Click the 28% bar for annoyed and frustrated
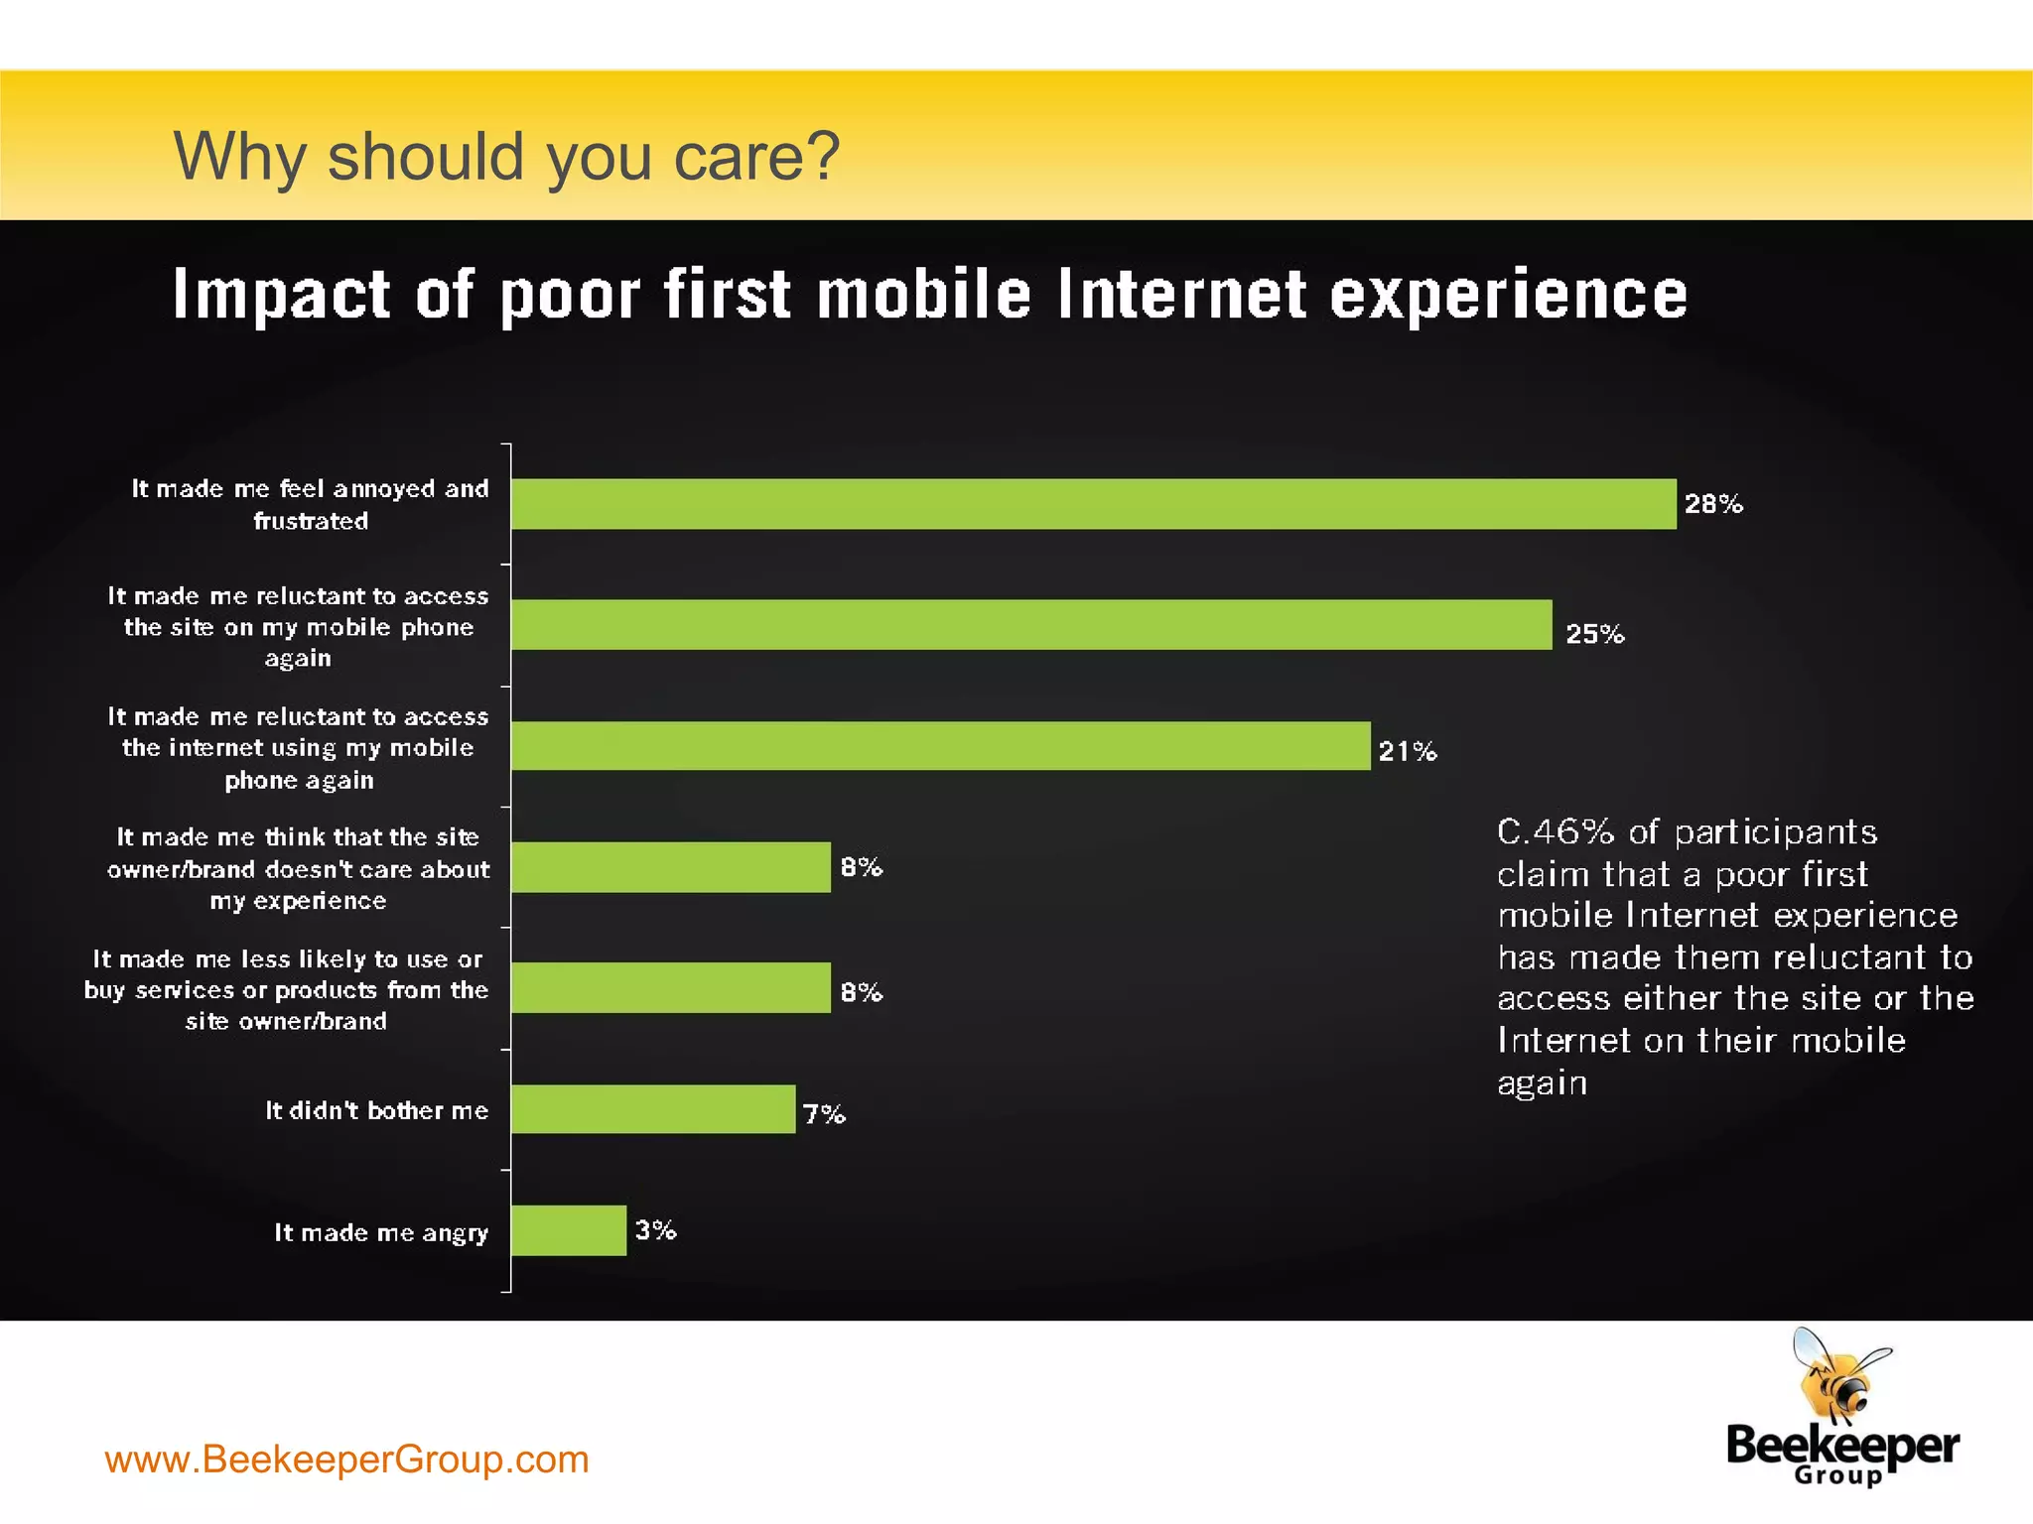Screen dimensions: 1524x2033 coord(1092,504)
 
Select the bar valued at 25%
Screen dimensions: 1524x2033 coord(1032,625)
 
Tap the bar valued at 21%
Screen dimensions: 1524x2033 coord(940,746)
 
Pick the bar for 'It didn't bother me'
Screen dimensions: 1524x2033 coord(653,1109)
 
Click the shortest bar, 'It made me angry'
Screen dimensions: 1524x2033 coord(569,1230)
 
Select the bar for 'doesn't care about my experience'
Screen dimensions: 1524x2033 coord(671,867)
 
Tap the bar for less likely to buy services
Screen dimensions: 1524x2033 coord(671,988)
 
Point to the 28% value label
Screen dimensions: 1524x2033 coord(1713,504)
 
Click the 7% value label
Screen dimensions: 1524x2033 coord(824,1114)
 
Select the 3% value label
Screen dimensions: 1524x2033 coord(656,1230)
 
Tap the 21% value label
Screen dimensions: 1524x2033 coord(1408,751)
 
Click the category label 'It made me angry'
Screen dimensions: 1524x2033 coord(381,1232)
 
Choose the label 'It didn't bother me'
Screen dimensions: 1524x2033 coord(377,1110)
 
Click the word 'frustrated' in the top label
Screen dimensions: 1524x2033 coord(311,521)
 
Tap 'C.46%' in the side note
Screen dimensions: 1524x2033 coord(1555,831)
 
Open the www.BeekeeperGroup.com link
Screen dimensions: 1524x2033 coord(346,1459)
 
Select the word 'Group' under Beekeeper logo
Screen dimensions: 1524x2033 coord(1838,1475)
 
